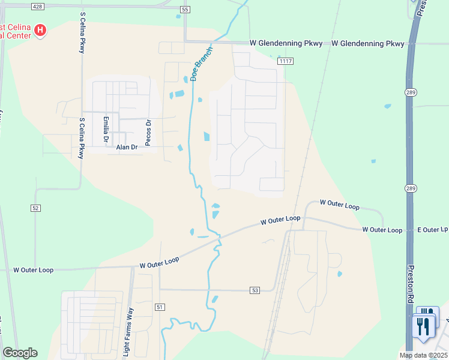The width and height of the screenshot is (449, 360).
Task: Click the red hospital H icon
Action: pos(40,30)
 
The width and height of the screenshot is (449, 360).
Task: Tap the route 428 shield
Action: pos(38,6)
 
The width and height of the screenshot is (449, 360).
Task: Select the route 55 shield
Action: pos(184,10)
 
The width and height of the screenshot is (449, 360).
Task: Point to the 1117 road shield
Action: pos(286,61)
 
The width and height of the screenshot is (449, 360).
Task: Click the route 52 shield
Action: pos(36,208)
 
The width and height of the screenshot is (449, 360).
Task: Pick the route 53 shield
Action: pos(255,290)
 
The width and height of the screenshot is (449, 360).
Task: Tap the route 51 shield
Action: pos(159,307)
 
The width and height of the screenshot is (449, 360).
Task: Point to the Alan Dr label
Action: pos(127,147)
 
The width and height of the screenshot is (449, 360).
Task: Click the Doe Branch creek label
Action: pos(202,64)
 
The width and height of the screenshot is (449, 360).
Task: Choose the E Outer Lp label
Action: pos(433,230)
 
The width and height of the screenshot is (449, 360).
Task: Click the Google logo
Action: pos(20,353)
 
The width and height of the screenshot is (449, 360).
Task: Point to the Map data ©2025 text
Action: pos(424,355)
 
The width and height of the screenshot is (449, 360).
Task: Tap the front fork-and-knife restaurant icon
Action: pos(423,328)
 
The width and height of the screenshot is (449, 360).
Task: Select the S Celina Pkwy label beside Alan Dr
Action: pos(82,138)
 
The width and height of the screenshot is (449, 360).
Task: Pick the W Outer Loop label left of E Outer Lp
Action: pos(382,230)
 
